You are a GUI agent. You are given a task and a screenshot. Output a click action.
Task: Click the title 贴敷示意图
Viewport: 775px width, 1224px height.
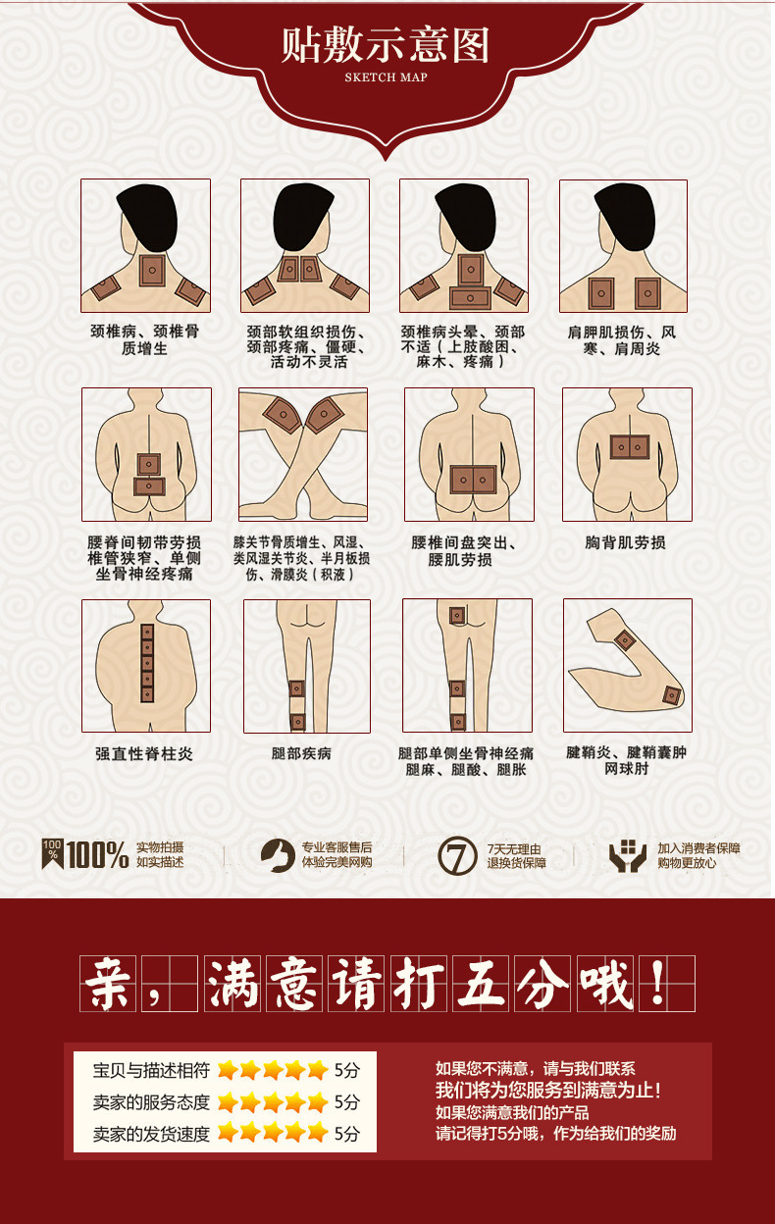(386, 46)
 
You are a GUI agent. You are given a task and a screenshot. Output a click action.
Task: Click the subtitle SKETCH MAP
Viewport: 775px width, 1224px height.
(387, 77)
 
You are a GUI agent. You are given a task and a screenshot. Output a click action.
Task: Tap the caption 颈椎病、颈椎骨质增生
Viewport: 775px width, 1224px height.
(144, 339)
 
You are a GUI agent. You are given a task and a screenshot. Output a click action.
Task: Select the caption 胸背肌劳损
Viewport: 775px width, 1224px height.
(625, 542)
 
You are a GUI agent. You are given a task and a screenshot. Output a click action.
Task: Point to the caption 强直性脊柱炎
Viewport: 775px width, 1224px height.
(144, 753)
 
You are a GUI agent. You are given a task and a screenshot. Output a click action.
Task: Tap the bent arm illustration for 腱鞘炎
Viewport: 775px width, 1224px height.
(628, 665)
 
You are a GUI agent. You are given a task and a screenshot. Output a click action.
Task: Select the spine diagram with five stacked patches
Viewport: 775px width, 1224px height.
(146, 665)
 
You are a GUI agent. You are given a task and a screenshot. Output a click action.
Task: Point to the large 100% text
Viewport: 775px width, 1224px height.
(98, 855)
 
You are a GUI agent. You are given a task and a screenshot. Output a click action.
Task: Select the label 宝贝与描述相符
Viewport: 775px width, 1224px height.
(151, 1069)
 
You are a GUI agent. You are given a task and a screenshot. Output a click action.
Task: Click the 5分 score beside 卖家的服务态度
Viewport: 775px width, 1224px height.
(347, 1101)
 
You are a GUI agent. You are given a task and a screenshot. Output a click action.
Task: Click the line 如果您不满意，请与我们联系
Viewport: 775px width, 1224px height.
(535, 1069)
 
